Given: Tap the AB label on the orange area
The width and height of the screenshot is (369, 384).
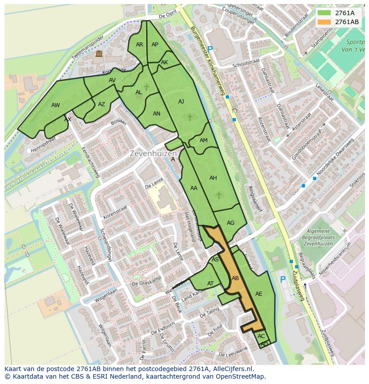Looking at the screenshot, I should tap(236, 278).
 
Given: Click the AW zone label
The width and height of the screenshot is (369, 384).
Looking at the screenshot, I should tap(56, 105).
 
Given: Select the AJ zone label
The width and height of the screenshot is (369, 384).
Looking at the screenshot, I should tap(181, 102).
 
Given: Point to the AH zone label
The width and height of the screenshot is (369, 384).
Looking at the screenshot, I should tap(213, 178).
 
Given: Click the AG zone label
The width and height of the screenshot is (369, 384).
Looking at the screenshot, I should tap(230, 223).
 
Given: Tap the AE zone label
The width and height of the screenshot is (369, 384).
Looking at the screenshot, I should tap(259, 293).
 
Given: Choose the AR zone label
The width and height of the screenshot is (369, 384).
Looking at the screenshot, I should tap(139, 45).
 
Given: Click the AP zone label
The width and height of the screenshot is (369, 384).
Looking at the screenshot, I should tap(155, 45).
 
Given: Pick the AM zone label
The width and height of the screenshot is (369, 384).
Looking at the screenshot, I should tap(204, 140).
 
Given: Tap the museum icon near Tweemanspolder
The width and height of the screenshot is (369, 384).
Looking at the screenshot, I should tap(98, 54).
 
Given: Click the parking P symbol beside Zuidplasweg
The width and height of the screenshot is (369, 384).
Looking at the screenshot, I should tap(283, 280).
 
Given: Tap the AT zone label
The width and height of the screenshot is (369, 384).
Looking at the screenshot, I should tap(210, 284).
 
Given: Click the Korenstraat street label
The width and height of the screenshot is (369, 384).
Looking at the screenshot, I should tap(115, 209).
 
